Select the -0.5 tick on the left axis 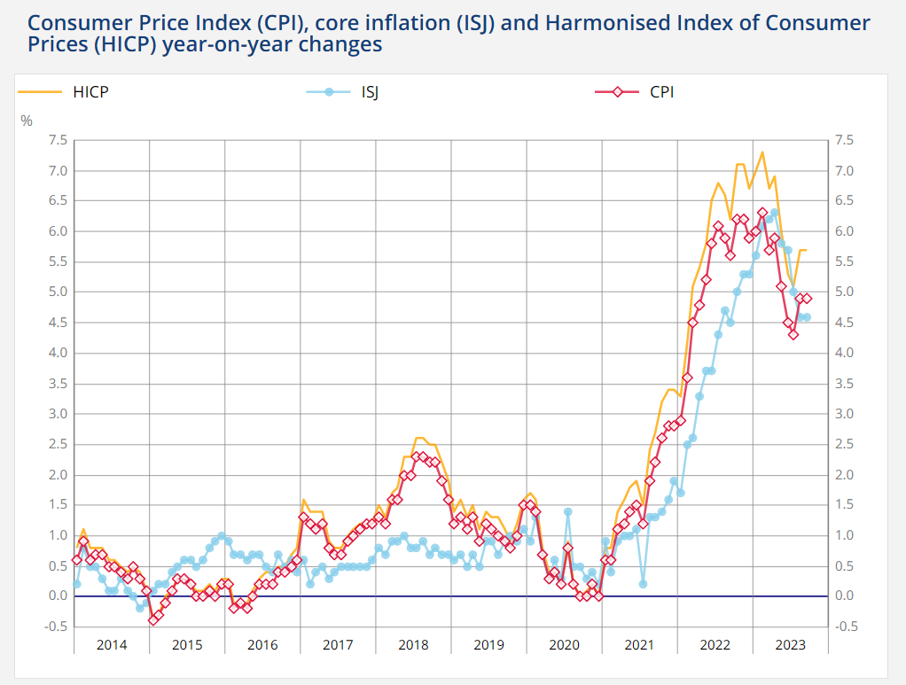tap(57, 627)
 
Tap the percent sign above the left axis tap(27, 120)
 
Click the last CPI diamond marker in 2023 tap(807, 299)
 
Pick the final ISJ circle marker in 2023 tap(807, 316)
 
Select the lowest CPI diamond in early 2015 tap(152, 619)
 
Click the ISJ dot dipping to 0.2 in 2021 tap(643, 583)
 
